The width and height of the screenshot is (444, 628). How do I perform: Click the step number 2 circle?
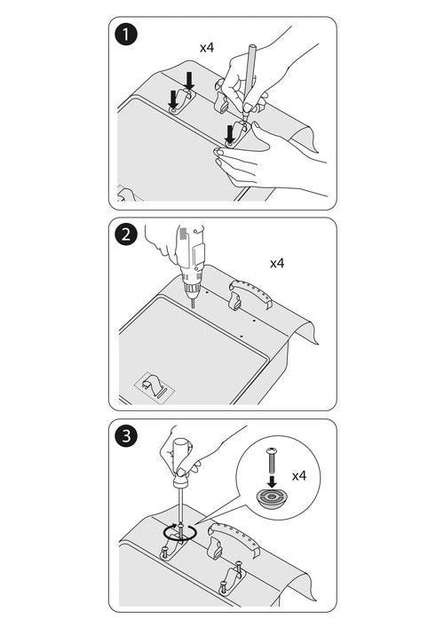(126, 235)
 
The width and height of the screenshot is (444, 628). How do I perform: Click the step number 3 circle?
(126, 435)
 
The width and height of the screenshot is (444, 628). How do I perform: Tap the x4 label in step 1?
(207, 48)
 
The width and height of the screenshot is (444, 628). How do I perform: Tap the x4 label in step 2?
(277, 263)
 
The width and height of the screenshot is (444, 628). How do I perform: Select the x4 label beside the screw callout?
(299, 476)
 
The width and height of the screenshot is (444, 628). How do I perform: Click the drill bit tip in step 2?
(194, 307)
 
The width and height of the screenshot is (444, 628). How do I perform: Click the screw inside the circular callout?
(271, 461)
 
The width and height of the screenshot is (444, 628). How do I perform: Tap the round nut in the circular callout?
(272, 498)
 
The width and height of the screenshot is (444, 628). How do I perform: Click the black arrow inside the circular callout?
(272, 481)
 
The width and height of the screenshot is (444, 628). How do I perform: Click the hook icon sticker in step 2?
(155, 387)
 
